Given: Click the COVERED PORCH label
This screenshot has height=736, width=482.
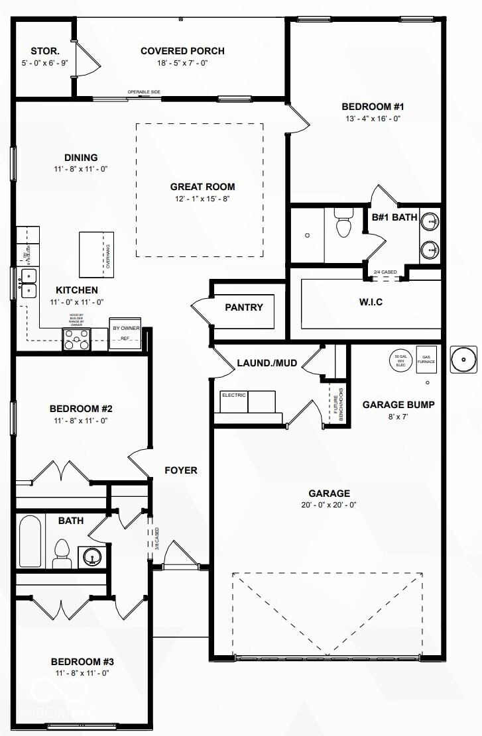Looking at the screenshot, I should click(x=182, y=51).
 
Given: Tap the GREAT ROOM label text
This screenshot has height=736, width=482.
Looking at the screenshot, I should click(x=202, y=187).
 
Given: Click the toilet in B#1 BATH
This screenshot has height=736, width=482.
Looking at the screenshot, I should click(x=343, y=223).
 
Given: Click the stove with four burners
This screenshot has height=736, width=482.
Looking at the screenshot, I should click(x=76, y=341).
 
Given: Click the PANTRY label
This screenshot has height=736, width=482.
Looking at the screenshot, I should click(x=244, y=307).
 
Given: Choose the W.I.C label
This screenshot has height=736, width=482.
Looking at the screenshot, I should click(x=371, y=302).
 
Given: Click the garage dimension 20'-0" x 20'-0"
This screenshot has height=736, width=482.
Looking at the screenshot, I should click(x=328, y=505).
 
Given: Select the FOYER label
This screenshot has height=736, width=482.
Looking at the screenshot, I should click(x=181, y=470).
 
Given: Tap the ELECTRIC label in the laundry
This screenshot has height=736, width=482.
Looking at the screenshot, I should click(x=233, y=395).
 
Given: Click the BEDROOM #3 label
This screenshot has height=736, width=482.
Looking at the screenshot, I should click(x=80, y=661).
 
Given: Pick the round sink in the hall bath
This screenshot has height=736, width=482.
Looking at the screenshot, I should click(x=90, y=555).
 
